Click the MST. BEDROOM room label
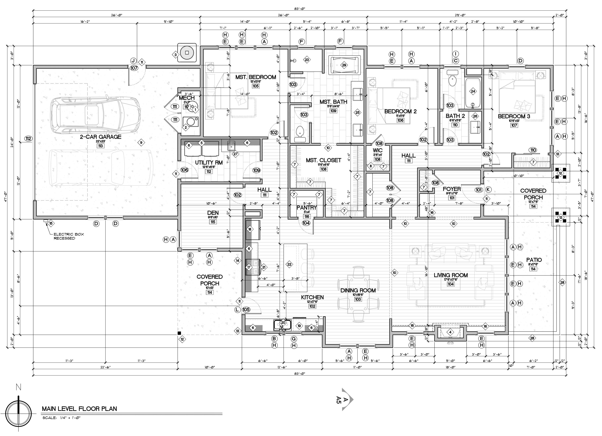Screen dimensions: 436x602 click(256, 77)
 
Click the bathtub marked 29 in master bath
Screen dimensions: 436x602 click(344, 65)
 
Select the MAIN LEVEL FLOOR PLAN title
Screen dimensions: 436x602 click(79, 409)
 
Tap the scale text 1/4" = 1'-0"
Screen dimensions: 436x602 click(62, 418)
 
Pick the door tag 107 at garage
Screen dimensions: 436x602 click(134, 68)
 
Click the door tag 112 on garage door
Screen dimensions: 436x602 click(29, 138)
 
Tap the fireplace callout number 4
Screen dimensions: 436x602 click(450, 332)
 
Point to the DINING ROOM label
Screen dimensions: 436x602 click(358, 290)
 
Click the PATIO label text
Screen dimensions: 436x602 click(534, 260)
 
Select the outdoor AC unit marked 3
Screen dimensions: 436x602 click(187, 53)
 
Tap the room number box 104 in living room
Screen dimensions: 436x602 click(451, 284)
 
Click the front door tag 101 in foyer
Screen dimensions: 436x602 click(479, 190)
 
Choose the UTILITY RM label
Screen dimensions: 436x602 click(209, 162)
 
